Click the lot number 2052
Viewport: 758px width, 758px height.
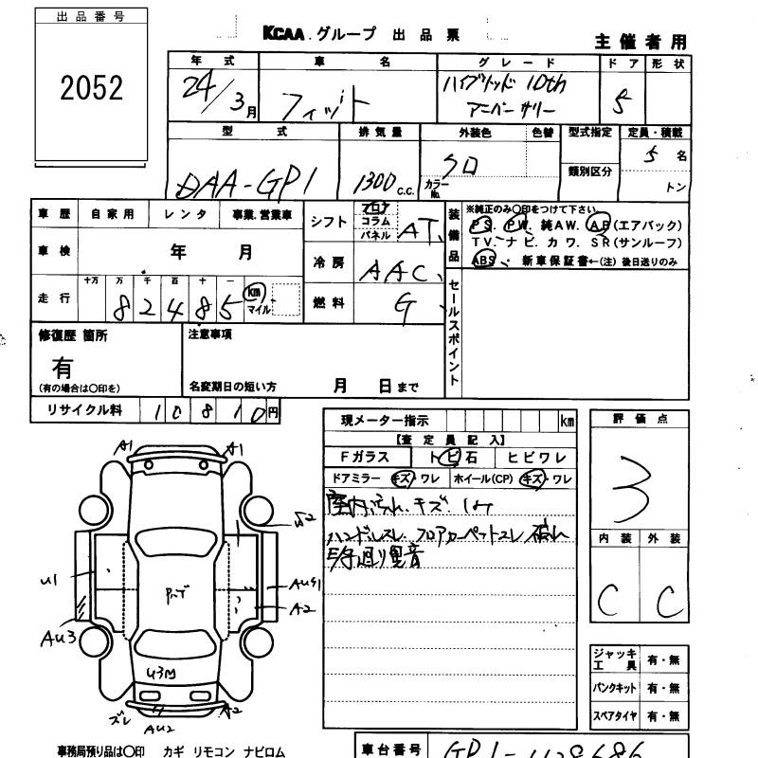point(92,88)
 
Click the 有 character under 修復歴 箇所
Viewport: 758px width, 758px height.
point(63,366)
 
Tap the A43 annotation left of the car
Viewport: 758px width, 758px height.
point(58,638)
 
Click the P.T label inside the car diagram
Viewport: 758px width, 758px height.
point(176,594)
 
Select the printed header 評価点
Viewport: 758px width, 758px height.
point(640,418)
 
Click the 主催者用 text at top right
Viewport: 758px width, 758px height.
point(641,42)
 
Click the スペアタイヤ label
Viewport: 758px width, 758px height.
point(615,715)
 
